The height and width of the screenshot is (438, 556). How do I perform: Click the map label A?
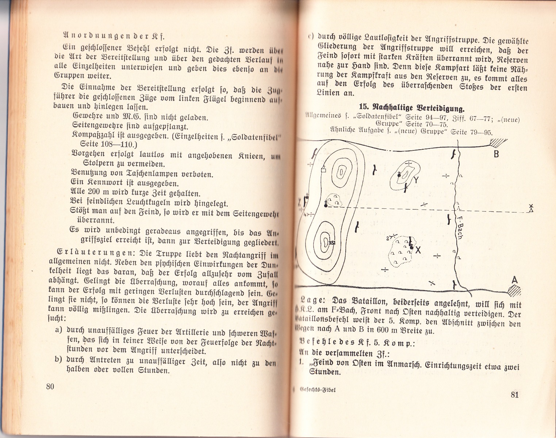coord(515,280)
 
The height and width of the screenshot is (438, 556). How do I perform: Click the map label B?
coord(496,154)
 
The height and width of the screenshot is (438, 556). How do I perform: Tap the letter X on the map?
coord(418,250)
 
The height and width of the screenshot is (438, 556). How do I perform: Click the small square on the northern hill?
coord(323,170)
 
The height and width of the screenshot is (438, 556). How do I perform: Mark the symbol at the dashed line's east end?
coord(532,208)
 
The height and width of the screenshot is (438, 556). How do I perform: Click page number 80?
coord(50,387)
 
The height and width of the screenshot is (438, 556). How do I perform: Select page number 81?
coord(515,394)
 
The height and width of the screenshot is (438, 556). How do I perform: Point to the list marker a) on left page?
coord(58,330)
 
